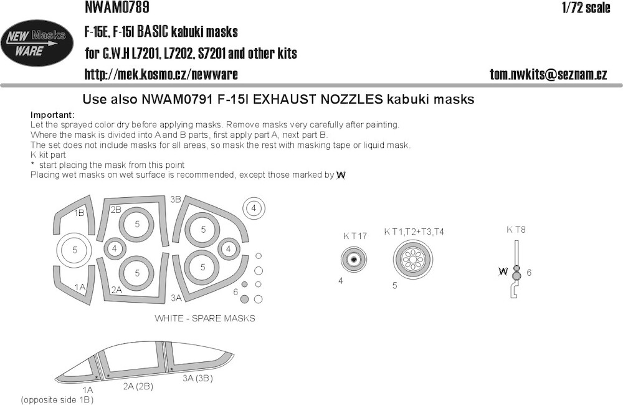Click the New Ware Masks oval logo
[x=37, y=43]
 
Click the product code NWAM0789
[x=117, y=7]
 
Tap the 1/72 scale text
[x=586, y=7]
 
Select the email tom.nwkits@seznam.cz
[x=548, y=74]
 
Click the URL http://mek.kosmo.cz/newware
[x=161, y=74]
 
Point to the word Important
[x=52, y=115]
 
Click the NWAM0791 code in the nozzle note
[x=177, y=99]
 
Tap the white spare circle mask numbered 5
[x=75, y=250]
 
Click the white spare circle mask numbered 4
[x=254, y=208]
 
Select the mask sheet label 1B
[x=79, y=213]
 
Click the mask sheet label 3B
[x=176, y=199]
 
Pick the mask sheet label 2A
[x=117, y=290]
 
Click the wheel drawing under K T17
[x=354, y=260]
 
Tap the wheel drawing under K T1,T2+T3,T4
[x=413, y=260]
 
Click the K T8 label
[x=516, y=230]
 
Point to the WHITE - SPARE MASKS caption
[x=205, y=318]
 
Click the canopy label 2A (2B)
[x=138, y=386]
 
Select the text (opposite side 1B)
[x=57, y=400]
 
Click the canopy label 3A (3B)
[x=197, y=378]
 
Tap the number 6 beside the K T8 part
[x=529, y=273]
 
